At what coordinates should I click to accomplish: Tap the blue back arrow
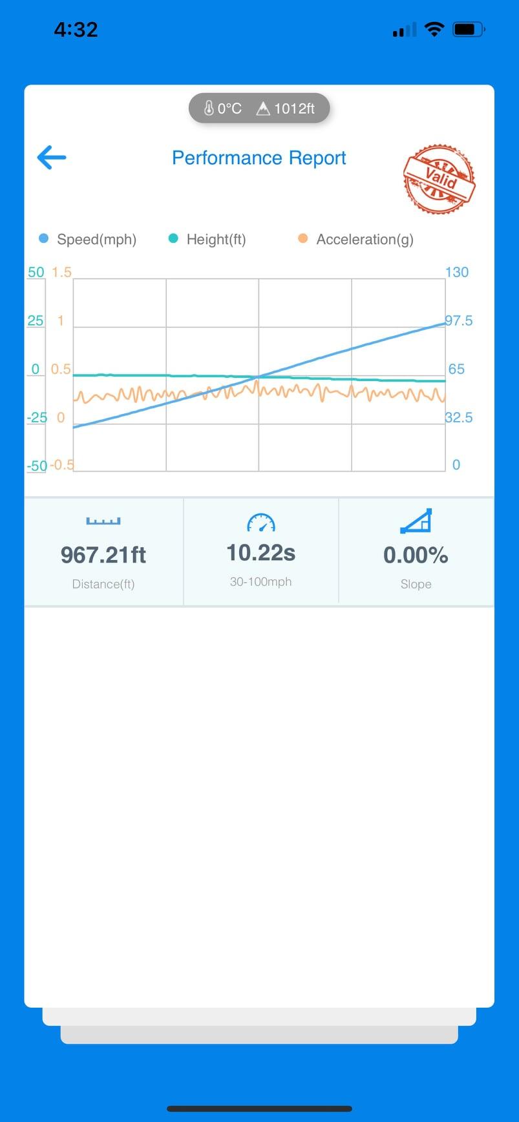[x=52, y=157]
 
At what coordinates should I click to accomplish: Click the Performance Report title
[x=259, y=158]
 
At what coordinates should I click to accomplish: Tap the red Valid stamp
[x=440, y=179]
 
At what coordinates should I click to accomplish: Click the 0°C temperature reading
[x=223, y=109]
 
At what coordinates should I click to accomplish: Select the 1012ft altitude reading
[x=286, y=109]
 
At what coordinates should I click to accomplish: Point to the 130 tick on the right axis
[x=456, y=272]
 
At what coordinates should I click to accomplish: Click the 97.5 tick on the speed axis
[x=459, y=320]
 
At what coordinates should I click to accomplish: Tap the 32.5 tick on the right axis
[x=459, y=417]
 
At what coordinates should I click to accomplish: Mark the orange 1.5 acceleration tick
[x=61, y=272]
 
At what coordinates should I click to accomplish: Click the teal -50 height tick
[x=37, y=466]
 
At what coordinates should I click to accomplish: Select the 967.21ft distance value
[x=103, y=555]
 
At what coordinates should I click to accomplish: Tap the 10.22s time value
[x=260, y=553]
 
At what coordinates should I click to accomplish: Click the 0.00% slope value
[x=416, y=555]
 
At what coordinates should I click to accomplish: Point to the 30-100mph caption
[x=260, y=582]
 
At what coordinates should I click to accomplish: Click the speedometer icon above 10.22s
[x=261, y=523]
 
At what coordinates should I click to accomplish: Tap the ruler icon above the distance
[x=103, y=521]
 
